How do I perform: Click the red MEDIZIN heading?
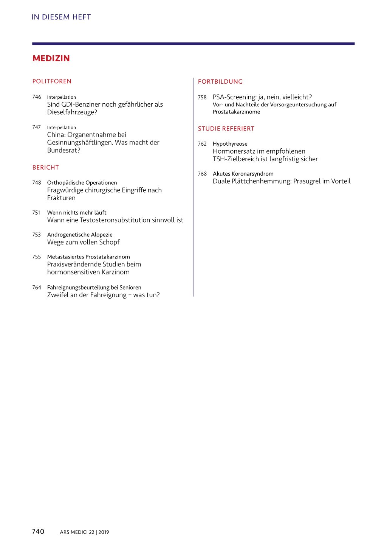51,59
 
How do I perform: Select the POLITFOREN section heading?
52,81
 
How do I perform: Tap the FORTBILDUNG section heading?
220,82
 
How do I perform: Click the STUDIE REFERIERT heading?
226,129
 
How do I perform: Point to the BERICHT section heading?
45,168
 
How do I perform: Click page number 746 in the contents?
37,97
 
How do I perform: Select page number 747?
37,128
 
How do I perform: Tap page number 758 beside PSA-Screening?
202,98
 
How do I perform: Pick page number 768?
202,174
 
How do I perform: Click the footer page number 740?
38,532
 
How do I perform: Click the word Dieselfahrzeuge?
71,112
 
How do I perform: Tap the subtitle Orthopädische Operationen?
82,183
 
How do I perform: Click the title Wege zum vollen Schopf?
83,242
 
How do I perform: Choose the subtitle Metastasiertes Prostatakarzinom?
88,257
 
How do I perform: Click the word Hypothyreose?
230,144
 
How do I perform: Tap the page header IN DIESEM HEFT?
61,17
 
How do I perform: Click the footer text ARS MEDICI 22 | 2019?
84,532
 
